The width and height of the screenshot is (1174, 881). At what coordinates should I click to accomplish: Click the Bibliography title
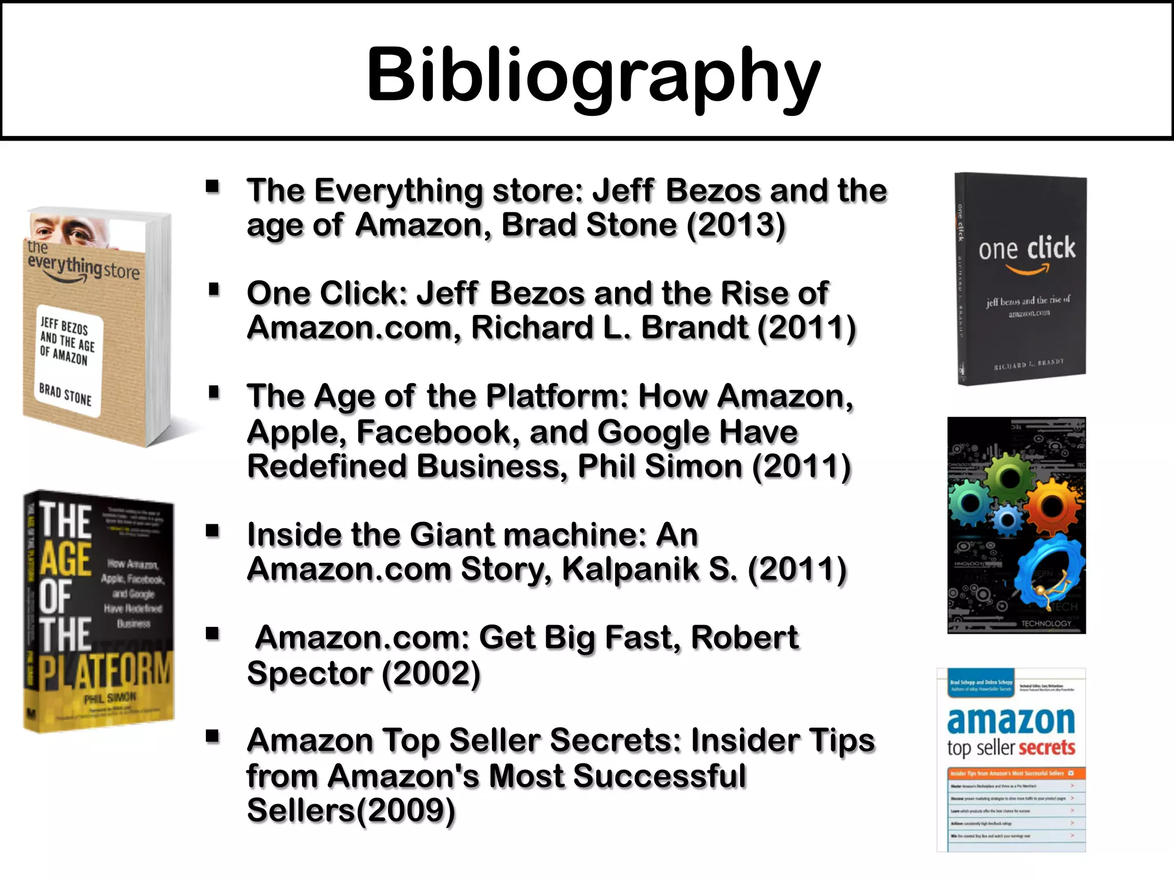tap(593, 75)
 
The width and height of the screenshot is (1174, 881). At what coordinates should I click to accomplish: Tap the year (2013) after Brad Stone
tap(735, 225)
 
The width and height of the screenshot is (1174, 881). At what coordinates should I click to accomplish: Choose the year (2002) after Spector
tap(431, 673)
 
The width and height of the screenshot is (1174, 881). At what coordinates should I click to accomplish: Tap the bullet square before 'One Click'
tap(214, 290)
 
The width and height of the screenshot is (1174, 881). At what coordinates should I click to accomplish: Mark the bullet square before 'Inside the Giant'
tap(213, 531)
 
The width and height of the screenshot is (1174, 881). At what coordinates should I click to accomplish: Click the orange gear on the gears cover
tap(1052, 505)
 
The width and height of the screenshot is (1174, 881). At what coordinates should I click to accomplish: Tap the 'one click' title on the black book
tap(1027, 248)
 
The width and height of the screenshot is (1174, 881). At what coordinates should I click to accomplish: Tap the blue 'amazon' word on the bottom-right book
tap(1011, 721)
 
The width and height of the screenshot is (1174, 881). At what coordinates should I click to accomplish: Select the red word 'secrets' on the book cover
tap(1046, 747)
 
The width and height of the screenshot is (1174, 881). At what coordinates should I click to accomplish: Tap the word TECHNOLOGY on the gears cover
tap(1046, 623)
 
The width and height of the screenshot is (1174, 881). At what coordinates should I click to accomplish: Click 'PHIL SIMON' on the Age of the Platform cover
tap(110, 698)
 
